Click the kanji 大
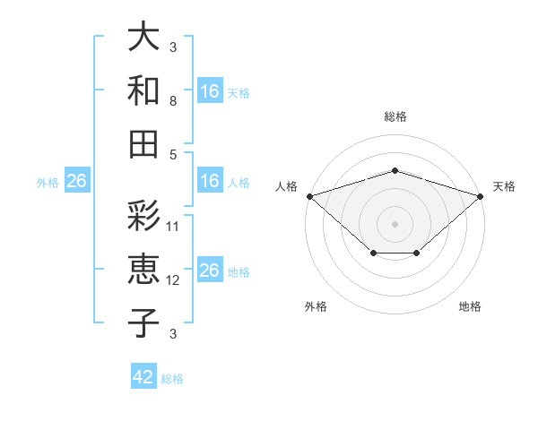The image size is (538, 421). pos(143,36)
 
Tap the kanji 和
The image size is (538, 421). pos(143,90)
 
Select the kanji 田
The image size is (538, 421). pos(143,144)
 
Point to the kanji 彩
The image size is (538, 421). pos(143,216)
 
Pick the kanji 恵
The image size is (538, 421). pos(143,270)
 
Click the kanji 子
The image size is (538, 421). pos(143,323)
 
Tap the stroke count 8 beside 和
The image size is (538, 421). pos(173,101)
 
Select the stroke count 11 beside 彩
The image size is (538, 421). pos(172,227)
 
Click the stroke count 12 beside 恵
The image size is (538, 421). pos(172,280)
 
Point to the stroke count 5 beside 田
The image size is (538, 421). pos(173,155)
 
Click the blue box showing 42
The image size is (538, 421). pos(143,375)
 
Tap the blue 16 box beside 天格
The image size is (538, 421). pos(210,90)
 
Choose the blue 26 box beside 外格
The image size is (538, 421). pos(77,180)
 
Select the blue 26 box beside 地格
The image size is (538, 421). pos(210,269)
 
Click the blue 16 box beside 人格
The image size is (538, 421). pos(210,180)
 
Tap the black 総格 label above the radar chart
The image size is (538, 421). pos(395,116)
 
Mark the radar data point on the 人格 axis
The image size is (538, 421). pos(310,196)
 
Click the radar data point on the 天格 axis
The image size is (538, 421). pos(481,196)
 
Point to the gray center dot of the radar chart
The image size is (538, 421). pos(395,224)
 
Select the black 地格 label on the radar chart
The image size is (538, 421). pos(470,306)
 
